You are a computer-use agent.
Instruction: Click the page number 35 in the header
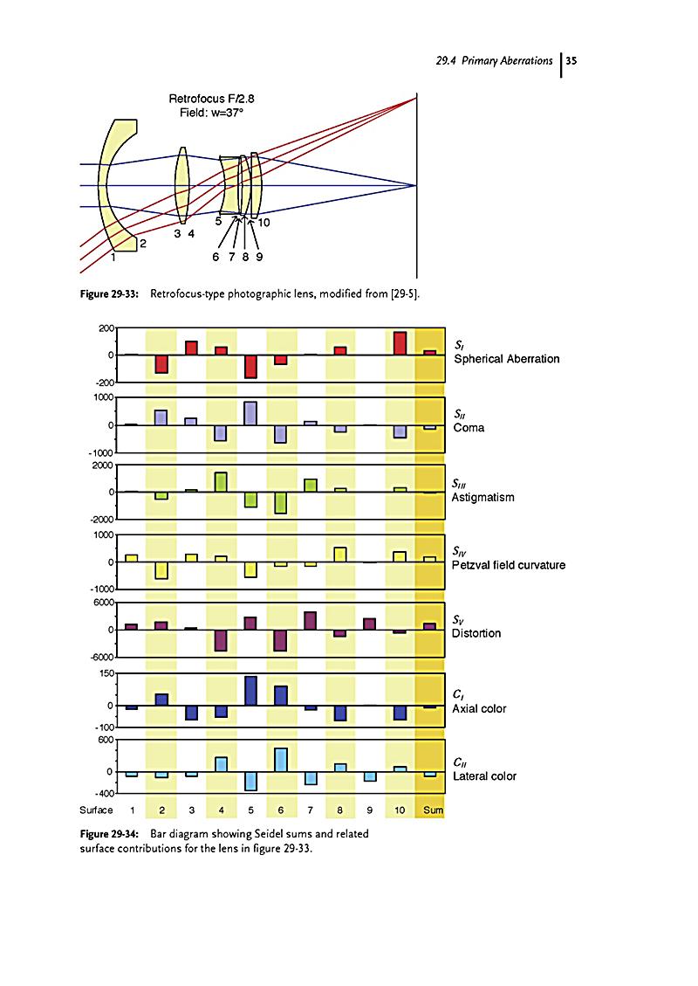(572, 61)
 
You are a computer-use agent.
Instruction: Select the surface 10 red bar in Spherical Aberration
(400, 343)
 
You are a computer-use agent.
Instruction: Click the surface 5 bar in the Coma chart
(250, 413)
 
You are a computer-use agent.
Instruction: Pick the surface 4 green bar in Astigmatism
(221, 482)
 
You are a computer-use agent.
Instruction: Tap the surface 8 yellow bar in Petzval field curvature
(340, 554)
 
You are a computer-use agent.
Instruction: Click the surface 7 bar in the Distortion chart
(311, 620)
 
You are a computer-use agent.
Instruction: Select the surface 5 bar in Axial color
(250, 690)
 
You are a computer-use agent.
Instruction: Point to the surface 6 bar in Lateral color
(281, 759)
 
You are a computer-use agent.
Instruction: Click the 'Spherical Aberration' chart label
(505, 359)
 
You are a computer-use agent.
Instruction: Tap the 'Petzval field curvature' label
(508, 565)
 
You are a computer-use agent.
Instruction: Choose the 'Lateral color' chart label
(484, 776)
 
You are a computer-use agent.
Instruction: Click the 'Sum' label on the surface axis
(433, 810)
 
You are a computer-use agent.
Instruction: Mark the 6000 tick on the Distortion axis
(103, 603)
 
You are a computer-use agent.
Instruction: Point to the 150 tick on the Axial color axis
(106, 673)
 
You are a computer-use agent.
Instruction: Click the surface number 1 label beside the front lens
(114, 257)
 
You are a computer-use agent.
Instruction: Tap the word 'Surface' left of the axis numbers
(95, 810)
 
